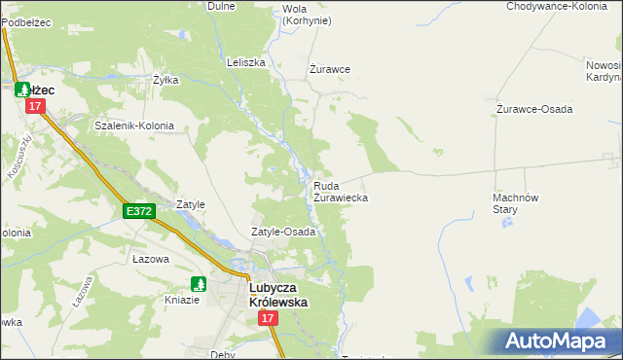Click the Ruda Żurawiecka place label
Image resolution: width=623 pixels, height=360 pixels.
[x=340, y=191]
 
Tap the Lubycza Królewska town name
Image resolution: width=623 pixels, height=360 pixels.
[x=278, y=295]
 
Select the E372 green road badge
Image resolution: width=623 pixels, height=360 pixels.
[x=137, y=211]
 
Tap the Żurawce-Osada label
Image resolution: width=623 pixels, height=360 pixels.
[x=533, y=108]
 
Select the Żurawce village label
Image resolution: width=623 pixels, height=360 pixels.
[x=329, y=69]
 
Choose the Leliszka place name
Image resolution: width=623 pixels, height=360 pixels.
[x=245, y=62]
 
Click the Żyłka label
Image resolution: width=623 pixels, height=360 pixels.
[x=165, y=80]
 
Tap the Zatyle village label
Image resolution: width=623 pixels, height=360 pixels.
[x=190, y=204]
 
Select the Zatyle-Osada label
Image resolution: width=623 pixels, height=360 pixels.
[x=283, y=233]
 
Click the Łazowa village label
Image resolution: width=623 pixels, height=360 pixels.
[x=151, y=259]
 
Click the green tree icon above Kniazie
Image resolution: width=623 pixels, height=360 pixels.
[x=199, y=284]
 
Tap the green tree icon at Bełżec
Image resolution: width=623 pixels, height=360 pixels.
[x=22, y=89]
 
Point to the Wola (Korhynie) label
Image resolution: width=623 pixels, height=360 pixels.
[x=306, y=15]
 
